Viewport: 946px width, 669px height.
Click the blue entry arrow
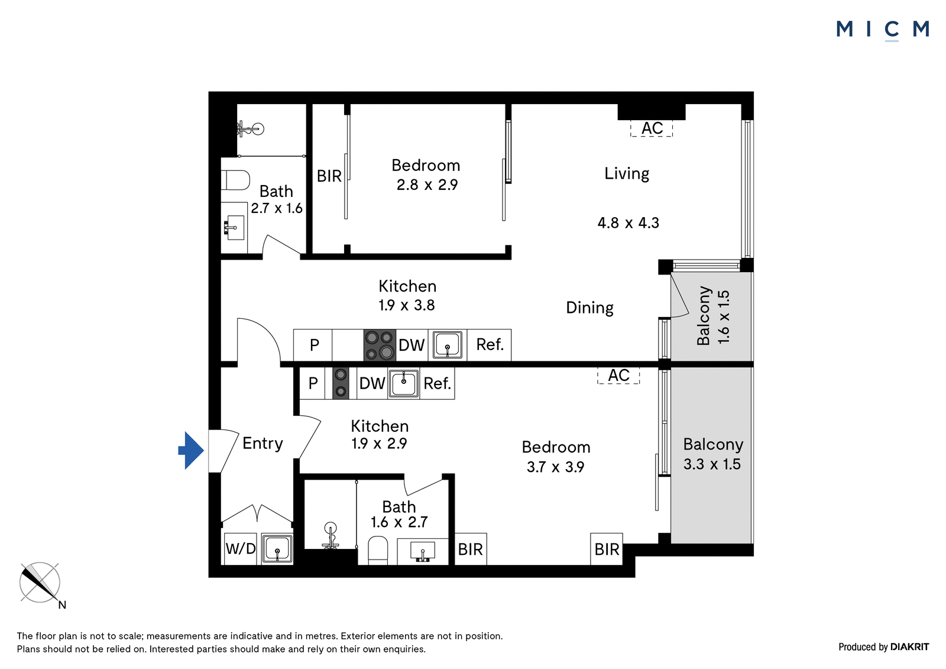click(x=192, y=451)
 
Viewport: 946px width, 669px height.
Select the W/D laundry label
click(x=241, y=549)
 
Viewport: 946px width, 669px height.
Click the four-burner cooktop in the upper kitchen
click(x=380, y=345)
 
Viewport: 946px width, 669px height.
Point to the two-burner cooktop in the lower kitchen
click(x=341, y=383)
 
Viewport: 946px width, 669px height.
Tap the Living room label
click(x=627, y=174)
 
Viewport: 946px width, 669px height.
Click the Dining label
click(x=589, y=308)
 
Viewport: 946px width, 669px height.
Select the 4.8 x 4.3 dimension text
click(x=628, y=223)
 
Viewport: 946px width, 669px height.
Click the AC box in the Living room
click(x=652, y=128)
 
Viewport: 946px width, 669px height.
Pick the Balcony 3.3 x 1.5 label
click(x=712, y=454)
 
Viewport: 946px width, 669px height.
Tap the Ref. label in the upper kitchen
click(x=490, y=345)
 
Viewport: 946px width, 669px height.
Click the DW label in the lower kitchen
click(x=372, y=384)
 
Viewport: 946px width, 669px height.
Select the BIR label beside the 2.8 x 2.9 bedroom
click(x=329, y=176)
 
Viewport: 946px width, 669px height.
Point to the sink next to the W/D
click(x=277, y=548)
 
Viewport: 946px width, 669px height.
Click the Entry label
click(x=263, y=444)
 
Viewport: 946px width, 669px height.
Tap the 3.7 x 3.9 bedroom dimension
click(x=555, y=467)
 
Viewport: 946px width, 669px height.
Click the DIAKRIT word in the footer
click(x=910, y=647)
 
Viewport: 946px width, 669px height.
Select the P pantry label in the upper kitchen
click(x=314, y=345)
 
